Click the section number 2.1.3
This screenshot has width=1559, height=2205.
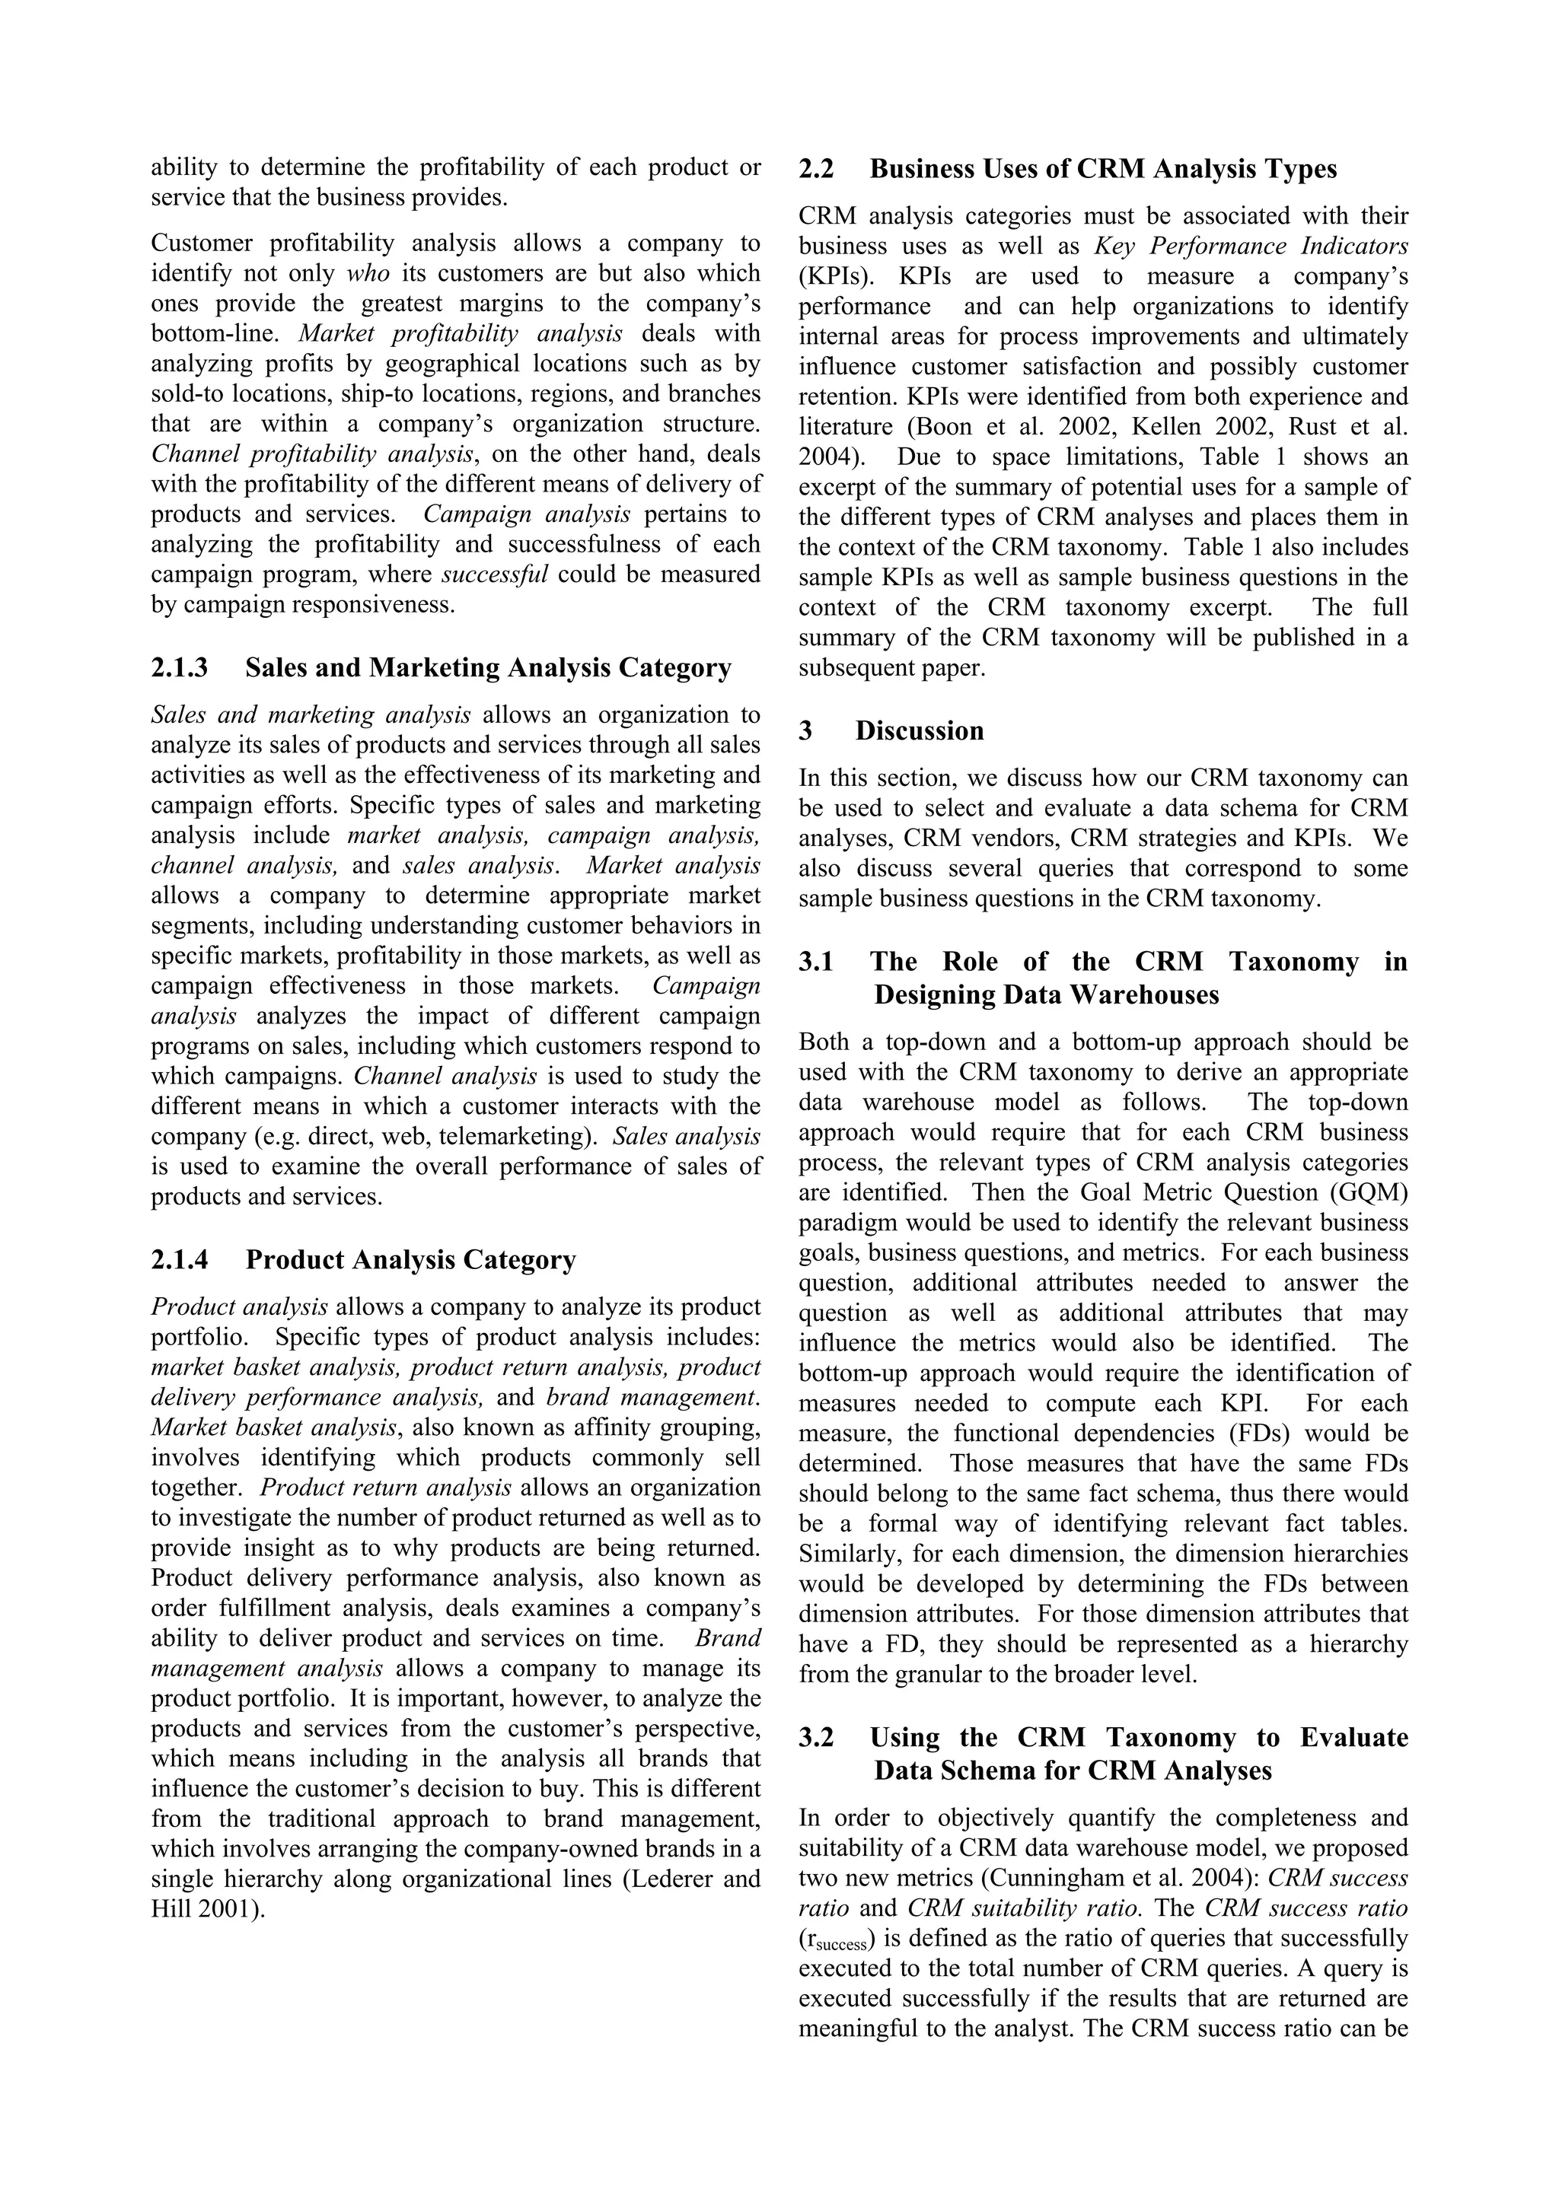(x=180, y=667)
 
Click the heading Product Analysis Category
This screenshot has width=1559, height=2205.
(x=410, y=1260)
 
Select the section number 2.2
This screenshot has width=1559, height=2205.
(x=815, y=169)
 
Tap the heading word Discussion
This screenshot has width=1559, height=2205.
(x=920, y=731)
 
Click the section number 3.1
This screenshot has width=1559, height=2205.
(x=815, y=963)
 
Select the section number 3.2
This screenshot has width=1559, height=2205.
(x=815, y=1739)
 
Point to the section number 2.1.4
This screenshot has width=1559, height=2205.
(x=180, y=1260)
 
